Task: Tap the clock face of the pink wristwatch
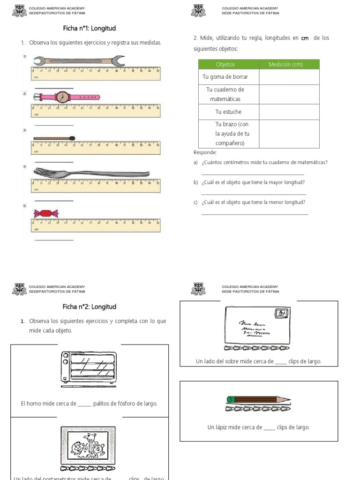(62, 97)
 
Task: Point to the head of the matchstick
(72, 138)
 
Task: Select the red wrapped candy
(46, 214)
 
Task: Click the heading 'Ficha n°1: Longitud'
(90, 28)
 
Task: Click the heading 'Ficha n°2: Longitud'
(90, 307)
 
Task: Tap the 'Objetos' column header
(225, 64)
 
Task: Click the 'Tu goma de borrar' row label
(225, 76)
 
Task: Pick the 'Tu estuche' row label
(228, 112)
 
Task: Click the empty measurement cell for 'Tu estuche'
(289, 112)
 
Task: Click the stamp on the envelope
(282, 314)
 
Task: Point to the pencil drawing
(258, 400)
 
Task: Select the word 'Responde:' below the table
(205, 152)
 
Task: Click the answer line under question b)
(254, 194)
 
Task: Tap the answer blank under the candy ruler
(54, 240)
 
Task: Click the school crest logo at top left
(19, 10)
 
